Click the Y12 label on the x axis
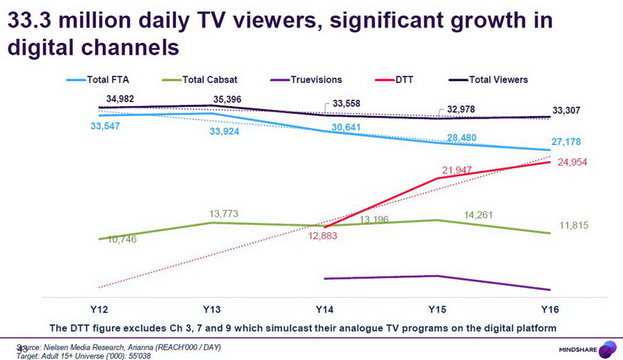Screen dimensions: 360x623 (x=98, y=309)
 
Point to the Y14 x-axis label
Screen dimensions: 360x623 (x=323, y=309)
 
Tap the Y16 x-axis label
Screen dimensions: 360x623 (x=550, y=309)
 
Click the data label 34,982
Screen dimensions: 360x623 (x=121, y=98)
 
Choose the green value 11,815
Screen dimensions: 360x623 (x=575, y=227)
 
